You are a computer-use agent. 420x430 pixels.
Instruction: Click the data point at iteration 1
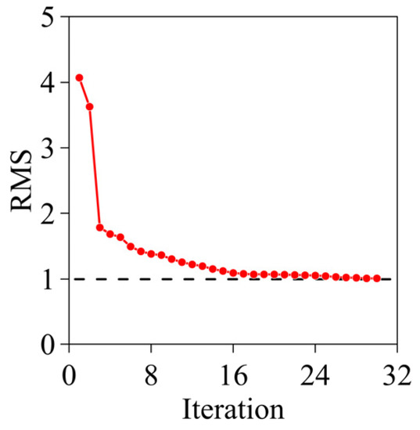pyautogui.click(x=79, y=78)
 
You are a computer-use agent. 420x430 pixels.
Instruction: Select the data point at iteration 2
pyautogui.click(x=89, y=106)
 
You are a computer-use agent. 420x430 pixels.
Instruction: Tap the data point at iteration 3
pyautogui.click(x=99, y=228)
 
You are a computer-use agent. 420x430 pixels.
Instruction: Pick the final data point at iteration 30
pyautogui.click(x=377, y=278)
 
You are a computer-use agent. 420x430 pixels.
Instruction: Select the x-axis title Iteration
pyautogui.click(x=233, y=407)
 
